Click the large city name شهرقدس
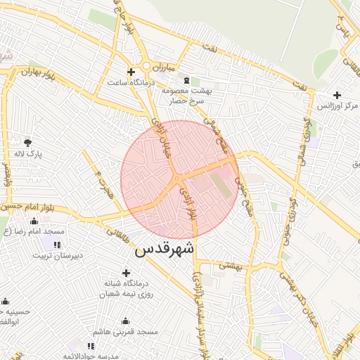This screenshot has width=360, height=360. [x=165, y=250]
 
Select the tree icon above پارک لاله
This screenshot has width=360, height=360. [x=27, y=143]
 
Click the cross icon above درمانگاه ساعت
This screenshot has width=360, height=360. [x=131, y=72]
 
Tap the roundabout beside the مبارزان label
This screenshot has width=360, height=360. [x=146, y=67]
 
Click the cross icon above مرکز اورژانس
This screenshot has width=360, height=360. [x=337, y=95]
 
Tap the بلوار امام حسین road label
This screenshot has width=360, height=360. [x=25, y=207]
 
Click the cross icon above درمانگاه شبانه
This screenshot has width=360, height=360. [x=127, y=273]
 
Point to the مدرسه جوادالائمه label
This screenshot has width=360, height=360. [x=91, y=356]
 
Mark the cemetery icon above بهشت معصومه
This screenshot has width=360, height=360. [x=186, y=81]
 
